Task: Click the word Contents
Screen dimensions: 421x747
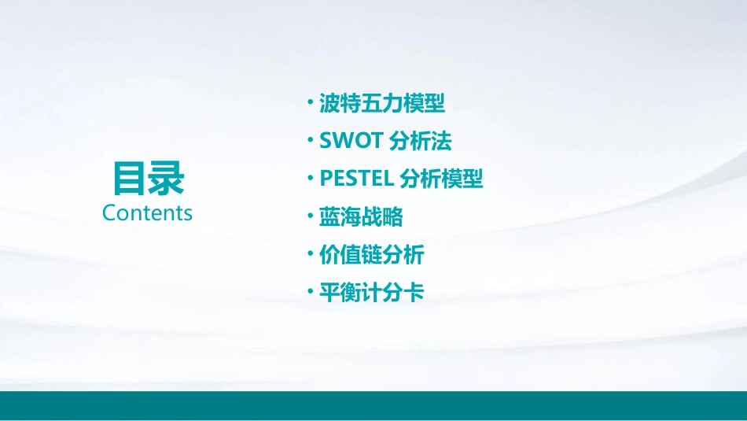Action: pos(147,213)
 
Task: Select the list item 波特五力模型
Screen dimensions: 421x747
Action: pos(382,103)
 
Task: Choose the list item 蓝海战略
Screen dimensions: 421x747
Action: pos(361,216)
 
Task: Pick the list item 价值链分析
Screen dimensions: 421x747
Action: pos(372,254)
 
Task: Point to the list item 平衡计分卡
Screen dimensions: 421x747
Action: pos(372,293)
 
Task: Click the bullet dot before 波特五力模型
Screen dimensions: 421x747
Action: pos(311,102)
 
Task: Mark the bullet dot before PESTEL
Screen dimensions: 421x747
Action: pos(311,179)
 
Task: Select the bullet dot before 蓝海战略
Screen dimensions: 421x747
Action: pos(311,216)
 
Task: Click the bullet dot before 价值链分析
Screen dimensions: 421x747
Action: pos(311,254)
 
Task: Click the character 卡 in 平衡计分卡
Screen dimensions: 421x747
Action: pos(414,293)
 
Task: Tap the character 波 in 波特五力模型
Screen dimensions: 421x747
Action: pos(329,103)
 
